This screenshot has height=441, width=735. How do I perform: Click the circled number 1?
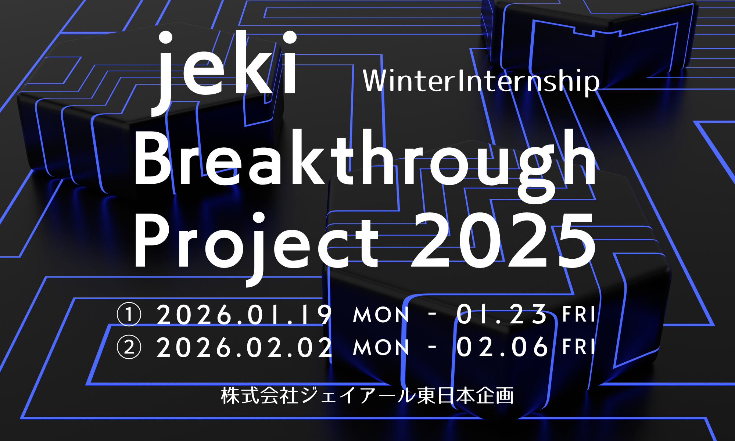pyautogui.click(x=129, y=315)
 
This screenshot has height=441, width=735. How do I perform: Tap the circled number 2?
pyautogui.click(x=129, y=347)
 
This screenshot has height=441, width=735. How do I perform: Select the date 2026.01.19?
pyautogui.click(x=244, y=315)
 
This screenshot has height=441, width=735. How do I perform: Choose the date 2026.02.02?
pyautogui.click(x=244, y=347)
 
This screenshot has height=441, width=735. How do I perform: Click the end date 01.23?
pyautogui.click(x=502, y=315)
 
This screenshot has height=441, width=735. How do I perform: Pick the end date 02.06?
pyautogui.click(x=502, y=347)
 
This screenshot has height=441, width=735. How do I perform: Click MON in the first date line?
pyautogui.click(x=381, y=315)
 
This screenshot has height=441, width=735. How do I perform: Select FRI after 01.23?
pyautogui.click(x=579, y=315)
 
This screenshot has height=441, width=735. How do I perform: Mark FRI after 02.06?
pyautogui.click(x=579, y=347)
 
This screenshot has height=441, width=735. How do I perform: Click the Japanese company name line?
pyautogui.click(x=367, y=396)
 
